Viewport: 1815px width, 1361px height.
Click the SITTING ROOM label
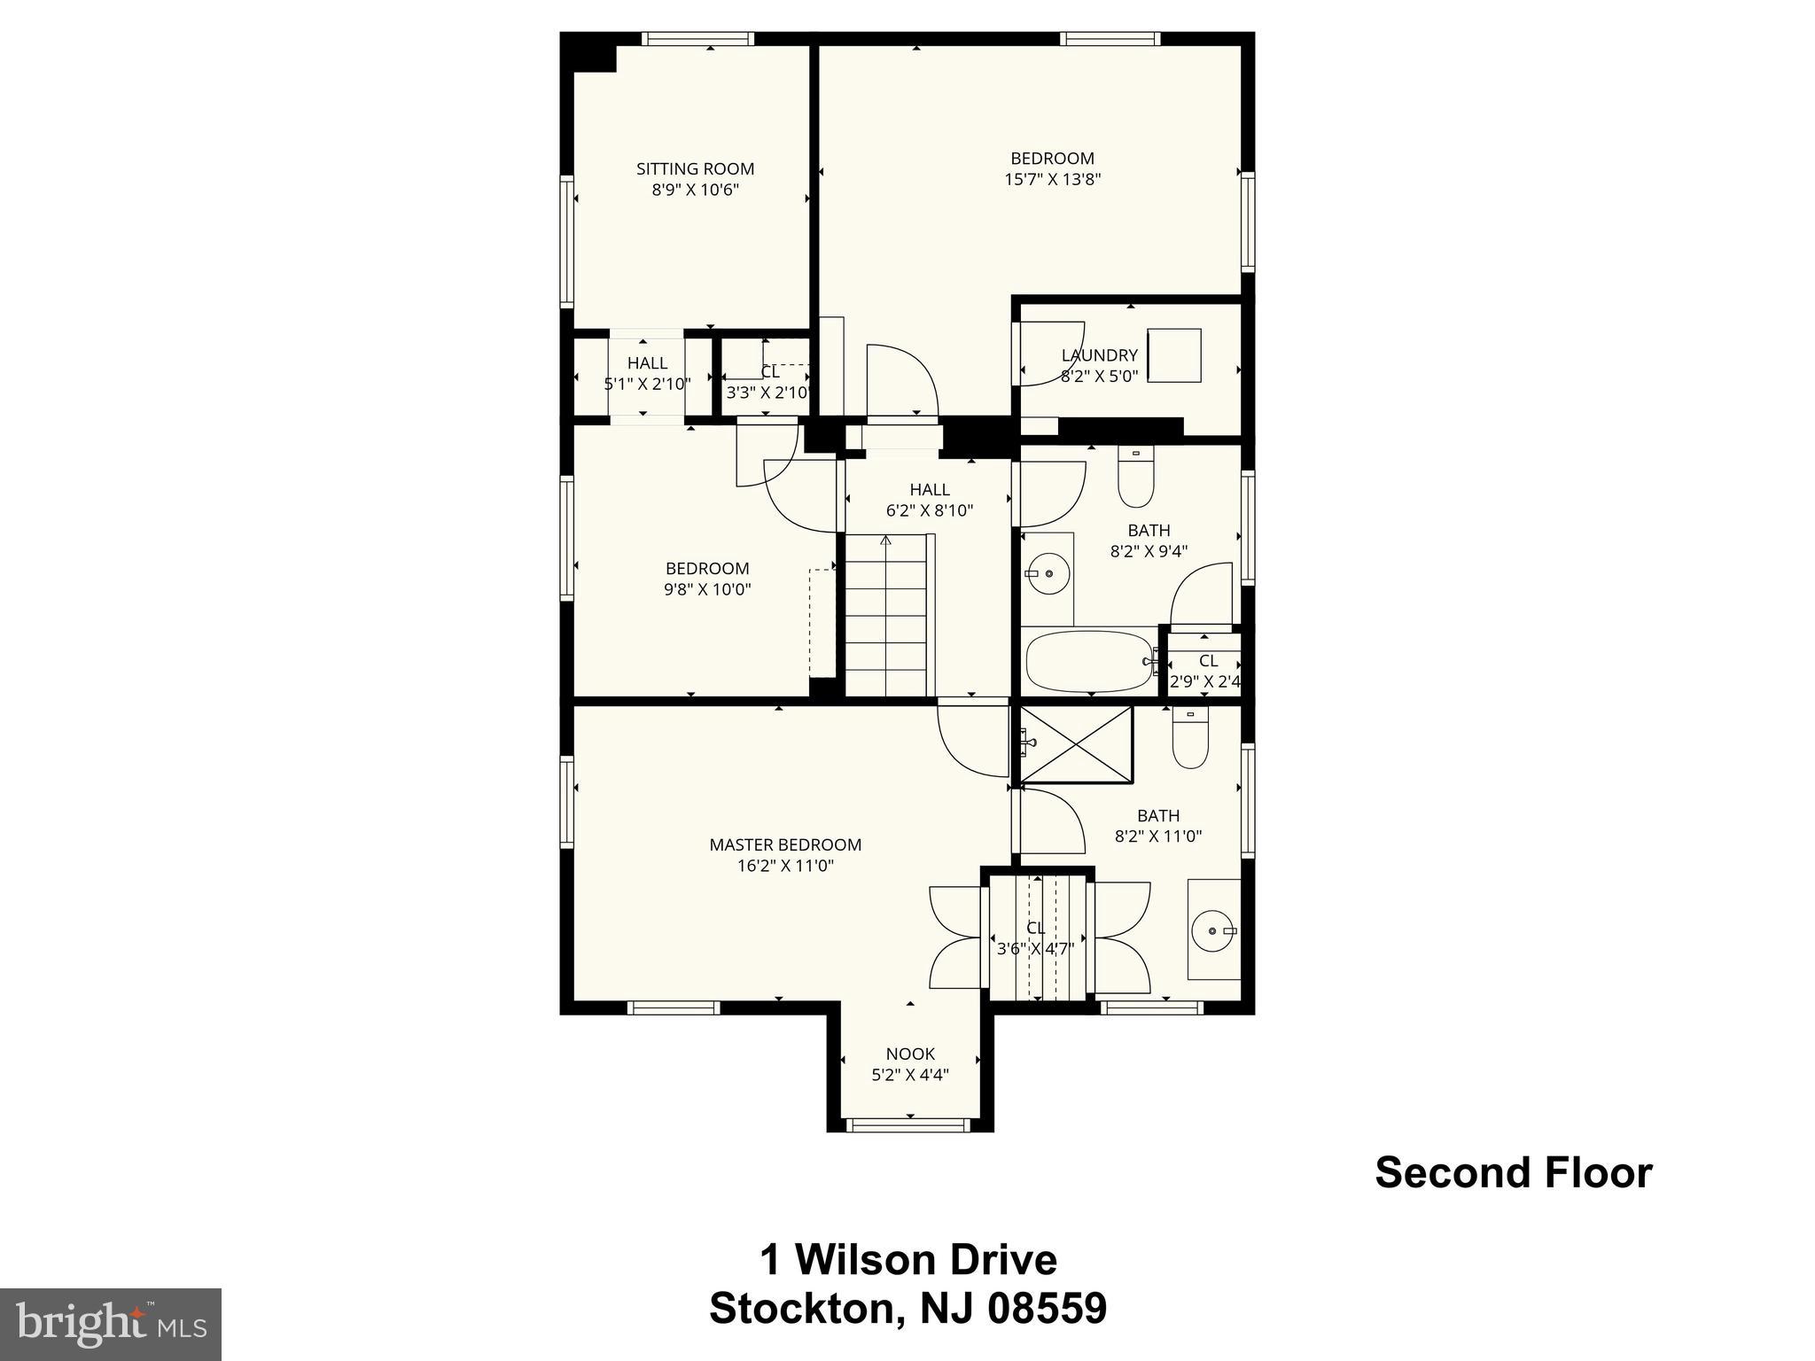click(695, 168)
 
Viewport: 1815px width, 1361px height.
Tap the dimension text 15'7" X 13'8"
click(1052, 179)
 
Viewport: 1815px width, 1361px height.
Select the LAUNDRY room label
click(1099, 355)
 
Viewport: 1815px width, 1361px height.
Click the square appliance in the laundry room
click(1173, 355)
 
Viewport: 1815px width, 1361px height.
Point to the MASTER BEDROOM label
click(785, 844)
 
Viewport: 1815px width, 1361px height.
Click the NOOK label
click(910, 1054)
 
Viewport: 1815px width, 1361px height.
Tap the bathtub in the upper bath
click(1089, 661)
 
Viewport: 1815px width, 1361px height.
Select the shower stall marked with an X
click(1076, 744)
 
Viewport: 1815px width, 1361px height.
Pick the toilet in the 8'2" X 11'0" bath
click(1190, 739)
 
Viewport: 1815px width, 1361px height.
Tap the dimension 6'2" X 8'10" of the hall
click(930, 510)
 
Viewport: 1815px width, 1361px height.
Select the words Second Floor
click(1513, 1172)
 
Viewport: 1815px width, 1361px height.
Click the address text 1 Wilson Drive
click(908, 1260)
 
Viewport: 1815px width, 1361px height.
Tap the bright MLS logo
click(111, 1324)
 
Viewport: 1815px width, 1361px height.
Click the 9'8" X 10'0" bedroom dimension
click(707, 589)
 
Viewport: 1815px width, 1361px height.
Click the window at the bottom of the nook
click(908, 1125)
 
